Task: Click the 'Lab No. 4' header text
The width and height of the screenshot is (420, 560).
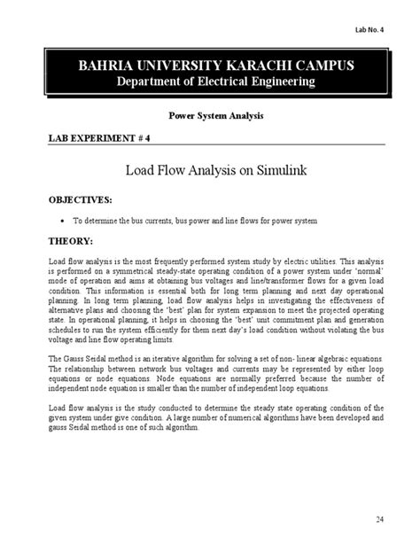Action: click(382, 27)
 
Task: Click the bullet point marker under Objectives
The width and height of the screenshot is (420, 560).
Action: click(61, 219)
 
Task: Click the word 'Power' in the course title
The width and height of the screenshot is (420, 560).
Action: click(182, 116)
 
